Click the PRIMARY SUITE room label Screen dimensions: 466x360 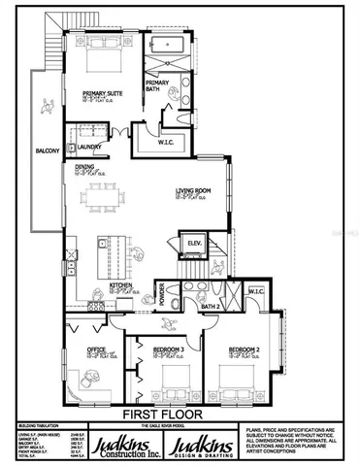100,93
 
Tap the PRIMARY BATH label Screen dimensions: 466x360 157,84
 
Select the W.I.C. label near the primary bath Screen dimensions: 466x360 165,143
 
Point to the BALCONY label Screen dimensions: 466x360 49,150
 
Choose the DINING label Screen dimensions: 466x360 85,166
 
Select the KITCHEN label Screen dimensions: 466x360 120,285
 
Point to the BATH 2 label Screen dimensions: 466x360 210,307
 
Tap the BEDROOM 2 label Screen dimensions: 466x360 244,349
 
